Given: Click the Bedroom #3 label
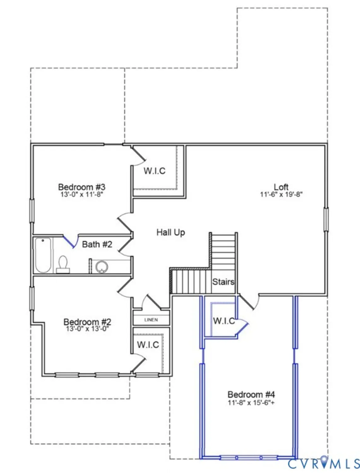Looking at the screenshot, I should pyautogui.click(x=82, y=187).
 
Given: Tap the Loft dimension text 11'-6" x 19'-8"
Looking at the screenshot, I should pyautogui.click(x=281, y=194).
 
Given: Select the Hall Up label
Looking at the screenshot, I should pyautogui.click(x=171, y=233).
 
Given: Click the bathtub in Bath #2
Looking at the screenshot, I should pyautogui.click(x=43, y=255).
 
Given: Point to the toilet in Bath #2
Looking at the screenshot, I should pyautogui.click(x=63, y=264).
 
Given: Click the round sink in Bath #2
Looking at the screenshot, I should pyautogui.click(x=102, y=267).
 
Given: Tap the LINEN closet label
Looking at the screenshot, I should pyautogui.click(x=151, y=320).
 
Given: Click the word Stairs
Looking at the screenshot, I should pyautogui.click(x=223, y=282).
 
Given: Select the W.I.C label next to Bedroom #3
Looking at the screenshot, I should pyautogui.click(x=154, y=171).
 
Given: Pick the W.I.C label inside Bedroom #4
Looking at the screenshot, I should pyautogui.click(x=224, y=321).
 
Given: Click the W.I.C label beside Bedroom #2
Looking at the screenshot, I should pyautogui.click(x=148, y=345).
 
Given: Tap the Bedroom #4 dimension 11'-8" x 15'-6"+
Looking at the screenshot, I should pyautogui.click(x=251, y=403).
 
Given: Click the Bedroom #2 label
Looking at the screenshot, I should pyautogui.click(x=87, y=322).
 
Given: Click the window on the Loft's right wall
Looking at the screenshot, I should pyautogui.click(x=326, y=219).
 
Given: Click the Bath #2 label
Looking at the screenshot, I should pyautogui.click(x=97, y=244).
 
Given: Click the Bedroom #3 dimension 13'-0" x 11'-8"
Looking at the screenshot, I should pyautogui.click(x=82, y=194).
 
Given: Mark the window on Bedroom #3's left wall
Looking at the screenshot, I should pyautogui.click(x=32, y=211).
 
